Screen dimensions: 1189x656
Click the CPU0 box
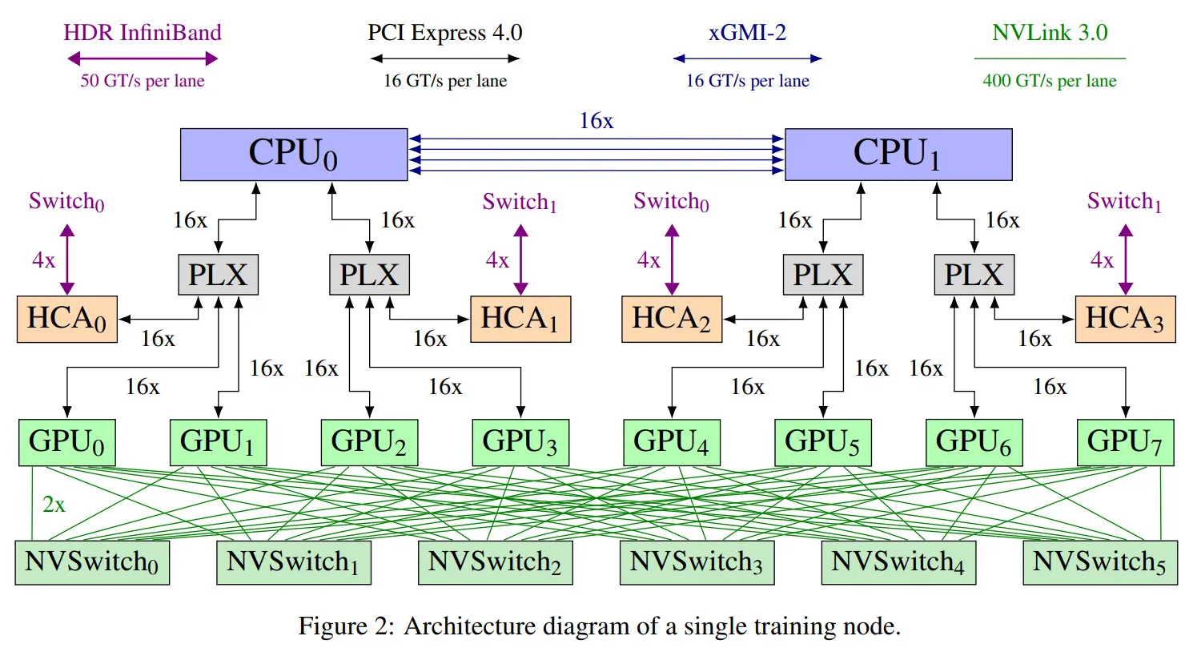[294, 155]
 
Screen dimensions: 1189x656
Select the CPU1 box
[898, 155]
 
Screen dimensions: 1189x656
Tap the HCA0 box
[67, 320]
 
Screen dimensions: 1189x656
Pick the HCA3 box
[1125, 320]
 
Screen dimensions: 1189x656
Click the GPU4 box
[672, 442]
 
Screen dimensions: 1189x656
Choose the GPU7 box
[1125, 442]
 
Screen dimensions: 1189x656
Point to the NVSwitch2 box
[496, 562]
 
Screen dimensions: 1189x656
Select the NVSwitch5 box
[1100, 562]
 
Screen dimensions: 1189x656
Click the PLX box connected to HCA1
[369, 275]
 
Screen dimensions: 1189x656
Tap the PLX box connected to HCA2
[823, 275]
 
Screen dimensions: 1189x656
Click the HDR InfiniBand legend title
[143, 32]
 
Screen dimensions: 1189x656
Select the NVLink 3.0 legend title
[1050, 32]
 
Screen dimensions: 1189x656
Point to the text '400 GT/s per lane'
[1050, 81]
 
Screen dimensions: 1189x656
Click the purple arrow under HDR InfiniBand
[143, 58]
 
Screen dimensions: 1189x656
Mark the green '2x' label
[54, 504]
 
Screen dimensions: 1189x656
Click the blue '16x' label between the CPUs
[596, 121]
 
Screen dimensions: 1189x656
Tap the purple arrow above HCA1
[520, 260]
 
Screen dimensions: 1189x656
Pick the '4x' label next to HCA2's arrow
[648, 260]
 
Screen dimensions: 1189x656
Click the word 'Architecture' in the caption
[468, 626]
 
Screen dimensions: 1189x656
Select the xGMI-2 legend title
[747, 32]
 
